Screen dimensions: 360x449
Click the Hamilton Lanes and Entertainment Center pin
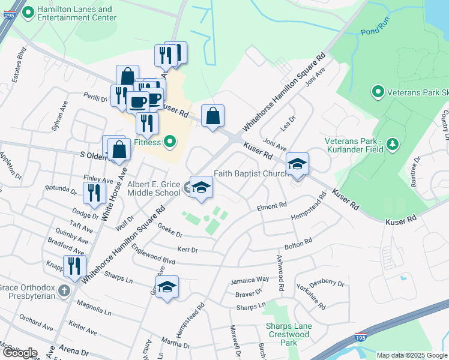coord(28,13)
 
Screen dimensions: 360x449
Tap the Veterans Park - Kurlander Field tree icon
coord(392,144)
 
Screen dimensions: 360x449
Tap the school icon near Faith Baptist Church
coord(297,164)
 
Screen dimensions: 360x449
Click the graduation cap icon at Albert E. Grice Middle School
coord(202,187)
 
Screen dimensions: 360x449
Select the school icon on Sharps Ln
coord(167,287)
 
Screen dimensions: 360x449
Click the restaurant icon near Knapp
coord(74,265)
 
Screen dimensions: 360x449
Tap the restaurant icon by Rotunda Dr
coord(93,193)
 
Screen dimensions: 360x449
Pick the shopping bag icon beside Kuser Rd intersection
coord(212,115)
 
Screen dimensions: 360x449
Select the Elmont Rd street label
coord(272,206)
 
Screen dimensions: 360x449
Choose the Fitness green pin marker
coord(170,142)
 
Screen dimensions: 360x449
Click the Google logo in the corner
coord(20,353)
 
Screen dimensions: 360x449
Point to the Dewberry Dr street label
coord(327,283)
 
